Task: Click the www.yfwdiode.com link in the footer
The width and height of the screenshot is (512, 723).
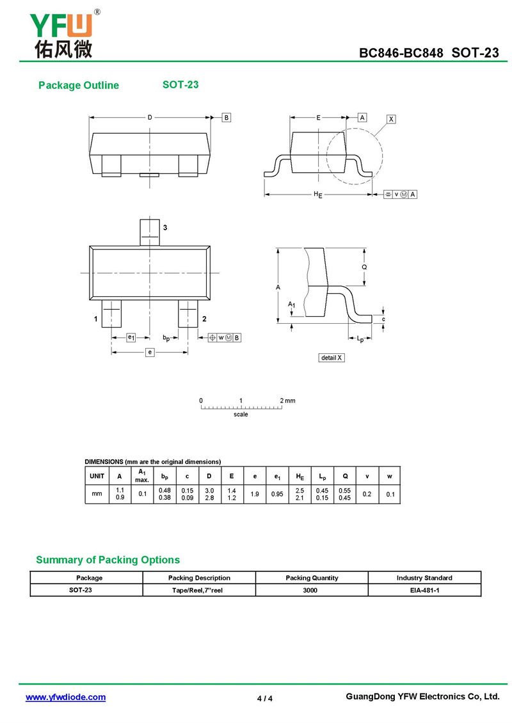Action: (65, 697)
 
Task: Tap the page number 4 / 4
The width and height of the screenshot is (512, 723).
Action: (265, 698)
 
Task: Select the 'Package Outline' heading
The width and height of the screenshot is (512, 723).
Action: (79, 86)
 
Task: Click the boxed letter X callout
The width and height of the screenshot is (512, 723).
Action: (392, 119)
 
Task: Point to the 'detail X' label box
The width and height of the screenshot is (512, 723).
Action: (332, 358)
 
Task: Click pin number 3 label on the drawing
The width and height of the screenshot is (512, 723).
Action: (165, 228)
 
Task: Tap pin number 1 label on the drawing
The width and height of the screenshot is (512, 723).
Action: (95, 319)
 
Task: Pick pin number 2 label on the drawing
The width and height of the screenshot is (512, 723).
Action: (204, 319)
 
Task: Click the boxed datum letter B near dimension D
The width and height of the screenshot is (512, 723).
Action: (227, 118)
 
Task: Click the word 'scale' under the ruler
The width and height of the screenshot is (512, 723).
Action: (241, 415)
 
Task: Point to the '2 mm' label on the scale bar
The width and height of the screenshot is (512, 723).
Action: (287, 401)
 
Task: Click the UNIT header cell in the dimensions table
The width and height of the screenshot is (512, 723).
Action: (97, 476)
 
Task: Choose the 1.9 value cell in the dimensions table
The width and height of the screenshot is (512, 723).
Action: (255, 494)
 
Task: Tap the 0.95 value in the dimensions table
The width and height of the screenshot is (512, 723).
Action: (277, 494)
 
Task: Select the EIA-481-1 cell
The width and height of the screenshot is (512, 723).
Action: (424, 590)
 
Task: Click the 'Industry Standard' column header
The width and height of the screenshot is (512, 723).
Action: (424, 578)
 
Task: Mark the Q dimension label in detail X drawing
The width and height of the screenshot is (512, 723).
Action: (364, 267)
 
